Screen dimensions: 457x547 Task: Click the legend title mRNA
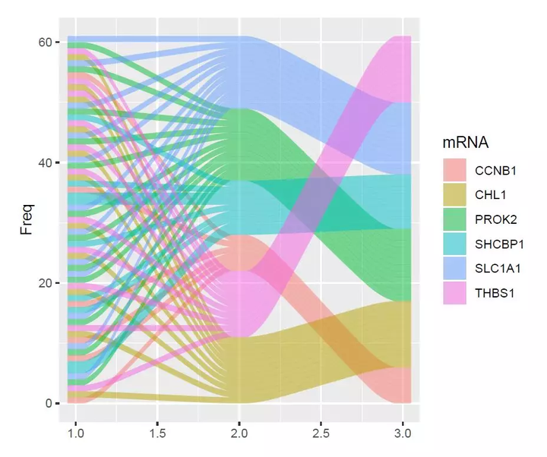click(x=464, y=142)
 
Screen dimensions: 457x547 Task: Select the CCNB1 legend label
click(x=498, y=170)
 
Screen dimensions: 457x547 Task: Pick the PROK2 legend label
click(x=498, y=219)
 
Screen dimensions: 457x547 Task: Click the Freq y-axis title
click(x=27, y=222)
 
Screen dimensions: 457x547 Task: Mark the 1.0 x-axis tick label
click(x=75, y=433)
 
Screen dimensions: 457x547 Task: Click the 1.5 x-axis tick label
click(x=157, y=433)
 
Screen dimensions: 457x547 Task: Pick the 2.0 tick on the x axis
click(x=239, y=433)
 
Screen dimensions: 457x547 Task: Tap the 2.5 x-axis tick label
click(x=321, y=433)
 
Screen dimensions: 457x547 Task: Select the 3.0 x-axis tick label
click(x=403, y=433)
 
